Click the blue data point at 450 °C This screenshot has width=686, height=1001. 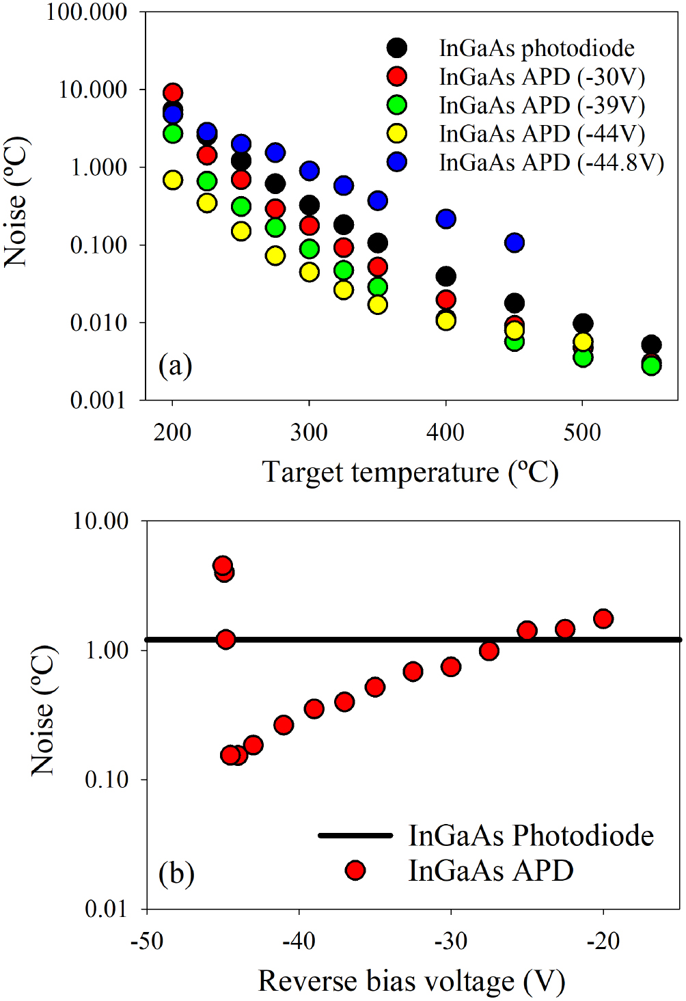[514, 243]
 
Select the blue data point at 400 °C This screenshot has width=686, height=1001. [446, 219]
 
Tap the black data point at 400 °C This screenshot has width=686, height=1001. [446, 276]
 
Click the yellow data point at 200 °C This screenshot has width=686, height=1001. [173, 180]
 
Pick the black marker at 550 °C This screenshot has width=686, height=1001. [651, 344]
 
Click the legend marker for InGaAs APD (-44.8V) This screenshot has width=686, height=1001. [396, 162]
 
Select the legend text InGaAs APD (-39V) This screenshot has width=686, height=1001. [542, 105]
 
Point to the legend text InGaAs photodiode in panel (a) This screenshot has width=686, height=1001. [536, 48]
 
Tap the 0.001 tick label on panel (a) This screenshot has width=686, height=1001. [98, 400]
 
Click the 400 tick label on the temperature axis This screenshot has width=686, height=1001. [445, 433]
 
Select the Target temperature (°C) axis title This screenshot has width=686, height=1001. [410, 472]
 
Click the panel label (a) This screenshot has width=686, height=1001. [175, 366]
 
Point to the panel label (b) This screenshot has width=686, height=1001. [176, 873]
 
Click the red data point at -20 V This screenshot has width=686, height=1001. [603, 619]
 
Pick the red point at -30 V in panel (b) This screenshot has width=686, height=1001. [451, 666]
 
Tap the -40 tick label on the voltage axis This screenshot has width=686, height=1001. [299, 942]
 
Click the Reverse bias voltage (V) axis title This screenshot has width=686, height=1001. [411, 981]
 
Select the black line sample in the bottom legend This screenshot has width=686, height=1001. [355, 835]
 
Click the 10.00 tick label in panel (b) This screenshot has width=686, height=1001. [100, 521]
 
